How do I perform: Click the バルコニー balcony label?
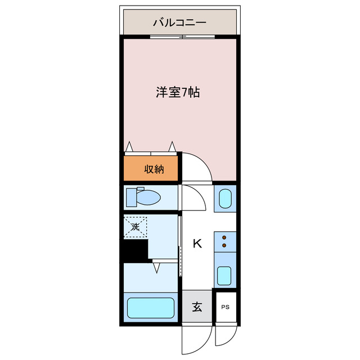[179, 22]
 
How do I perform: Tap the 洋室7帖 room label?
[178, 92]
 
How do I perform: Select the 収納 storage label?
[154, 169]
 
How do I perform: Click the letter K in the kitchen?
[197, 244]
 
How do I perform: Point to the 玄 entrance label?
[197, 307]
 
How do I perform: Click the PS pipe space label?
[225, 307]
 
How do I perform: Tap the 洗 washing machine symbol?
[136, 227]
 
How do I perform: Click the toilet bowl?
[148, 197]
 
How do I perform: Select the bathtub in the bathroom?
[151, 308]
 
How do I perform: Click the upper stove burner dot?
[224, 237]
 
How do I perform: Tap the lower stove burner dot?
[224, 245]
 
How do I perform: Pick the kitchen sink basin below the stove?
[224, 276]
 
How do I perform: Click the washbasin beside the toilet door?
[225, 199]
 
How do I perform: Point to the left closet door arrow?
[129, 146]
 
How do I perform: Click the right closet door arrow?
[172, 146]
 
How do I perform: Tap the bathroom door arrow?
[156, 268]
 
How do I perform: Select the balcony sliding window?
[182, 37]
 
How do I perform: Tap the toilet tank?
[131, 197]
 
